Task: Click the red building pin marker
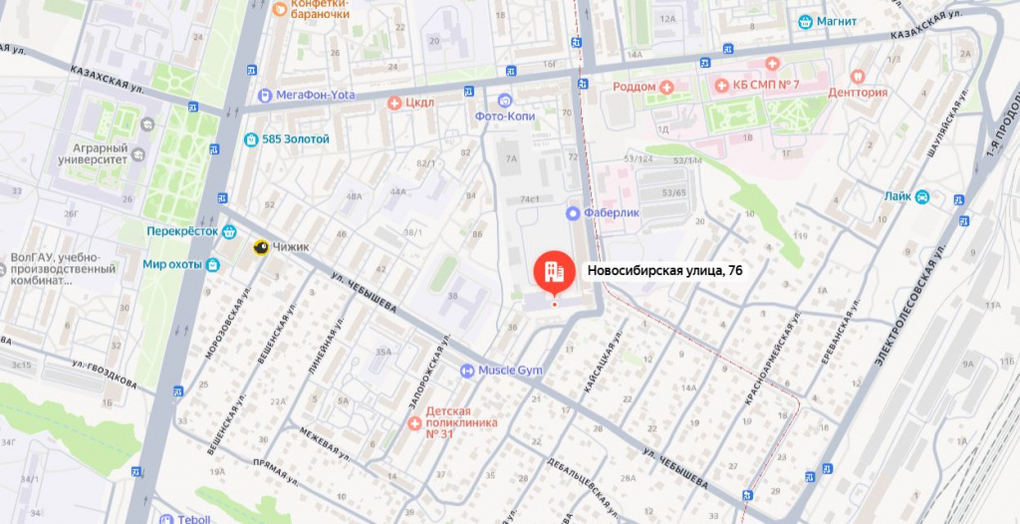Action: click(x=554, y=270)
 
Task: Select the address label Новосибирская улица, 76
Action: click(x=664, y=270)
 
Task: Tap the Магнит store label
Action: click(x=835, y=22)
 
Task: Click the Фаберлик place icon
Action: click(x=573, y=213)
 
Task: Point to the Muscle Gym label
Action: click(x=510, y=371)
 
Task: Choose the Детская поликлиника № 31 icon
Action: click(x=414, y=423)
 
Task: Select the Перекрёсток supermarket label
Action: click(x=182, y=230)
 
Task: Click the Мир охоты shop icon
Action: click(x=212, y=265)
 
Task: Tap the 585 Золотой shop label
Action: click(x=295, y=139)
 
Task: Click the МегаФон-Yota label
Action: click(x=315, y=96)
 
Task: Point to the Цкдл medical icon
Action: click(x=394, y=103)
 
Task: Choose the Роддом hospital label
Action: click(x=635, y=87)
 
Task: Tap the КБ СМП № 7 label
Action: click(x=766, y=85)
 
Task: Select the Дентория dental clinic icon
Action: click(x=856, y=76)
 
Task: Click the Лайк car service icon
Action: click(x=922, y=196)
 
